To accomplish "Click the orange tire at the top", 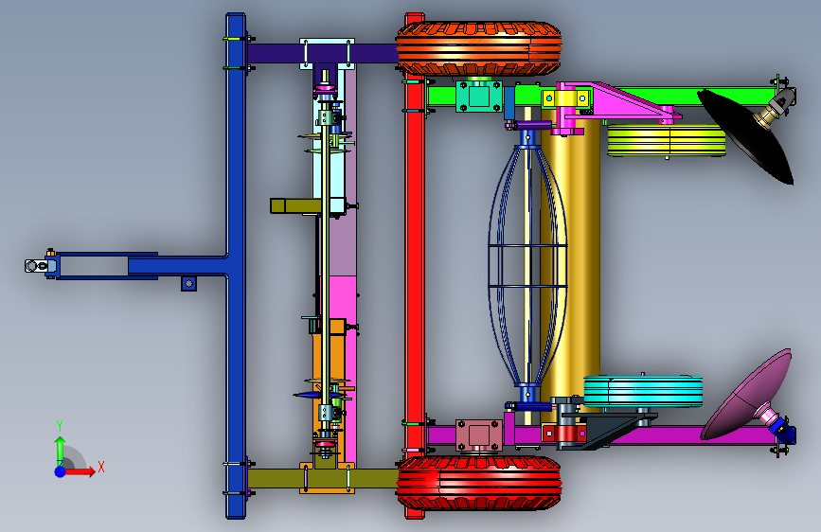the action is click(478, 48).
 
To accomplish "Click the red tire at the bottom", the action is click(478, 483).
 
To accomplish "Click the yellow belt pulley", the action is click(666, 140).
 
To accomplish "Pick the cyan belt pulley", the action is click(643, 392).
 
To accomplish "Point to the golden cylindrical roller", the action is click(571, 262).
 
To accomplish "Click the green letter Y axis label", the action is click(60, 426).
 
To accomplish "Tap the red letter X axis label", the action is click(101, 467).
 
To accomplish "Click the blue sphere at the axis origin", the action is click(61, 471).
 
